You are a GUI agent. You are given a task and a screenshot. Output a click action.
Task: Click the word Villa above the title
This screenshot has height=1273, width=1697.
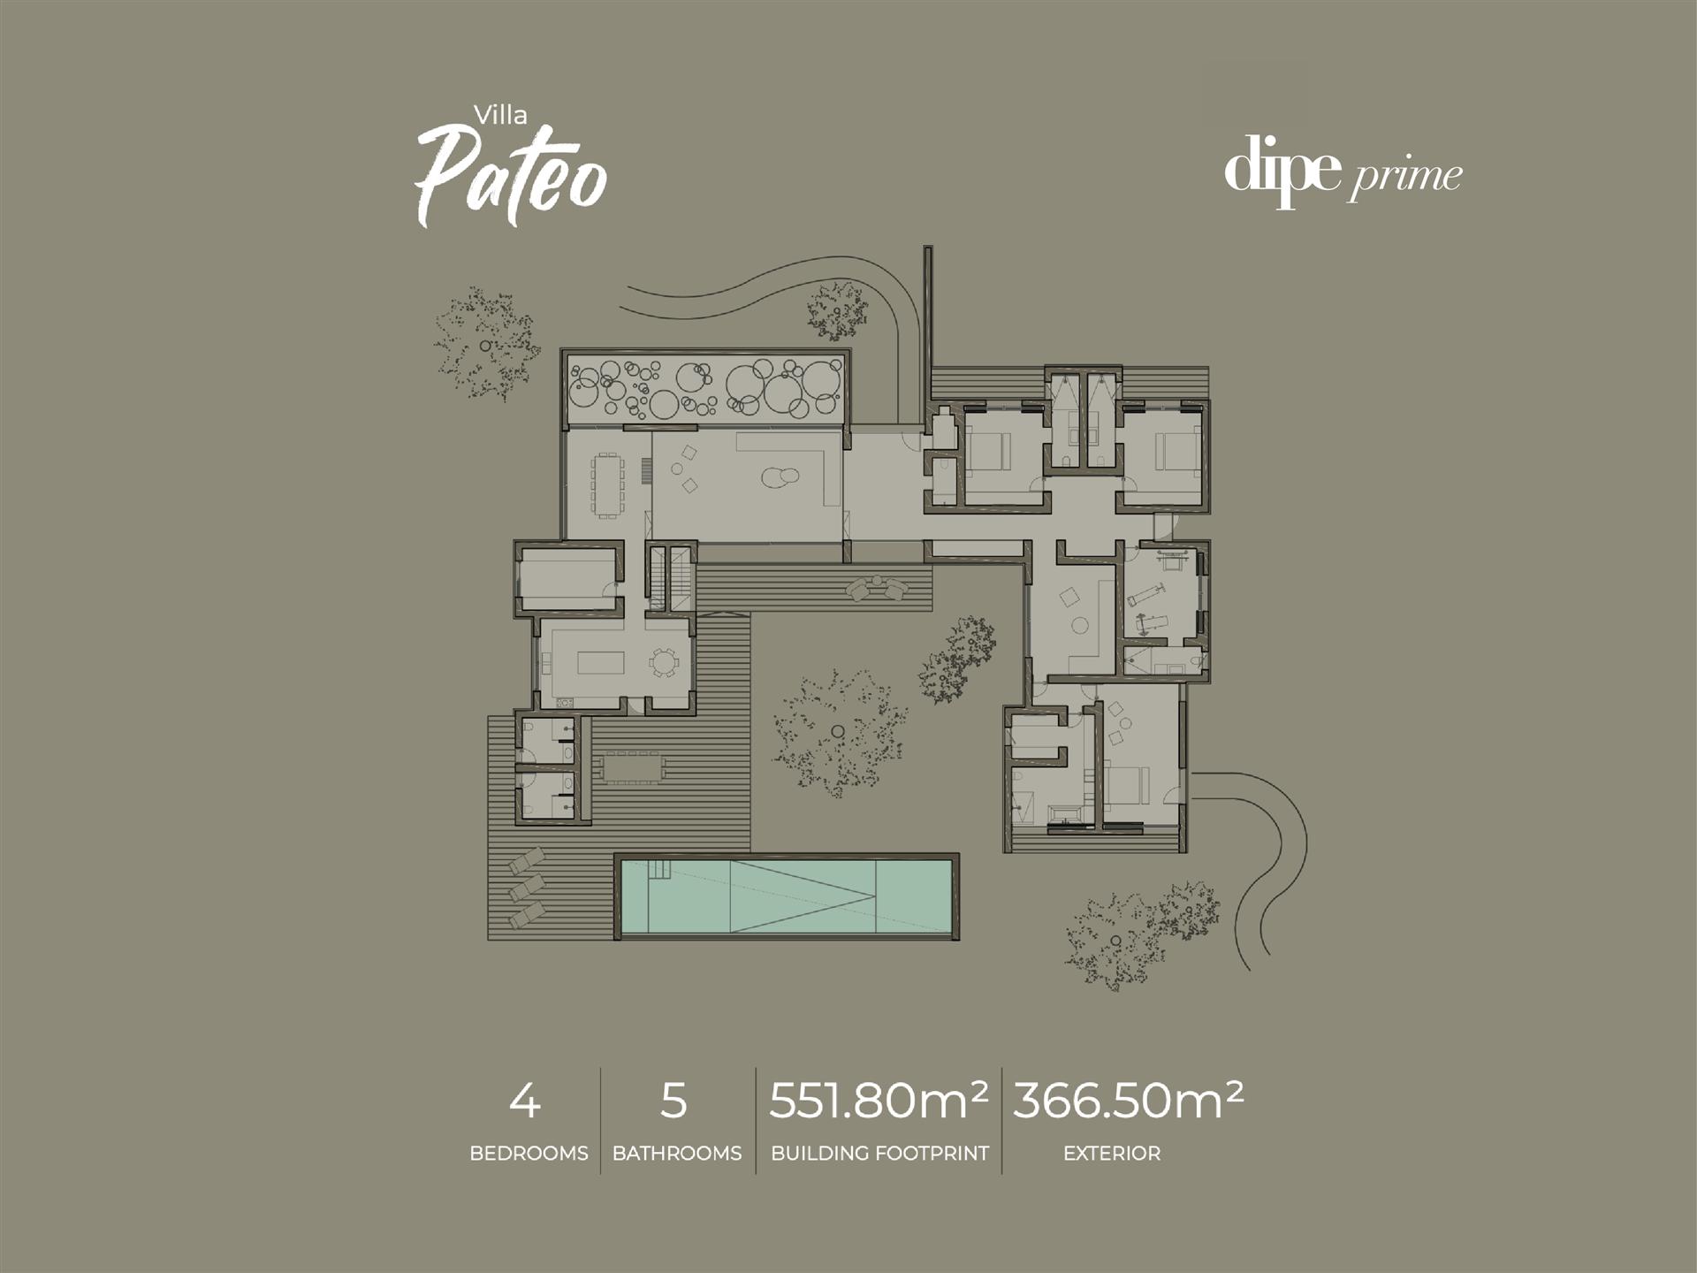500,115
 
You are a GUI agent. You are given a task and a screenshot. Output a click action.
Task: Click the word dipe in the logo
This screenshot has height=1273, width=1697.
1282,170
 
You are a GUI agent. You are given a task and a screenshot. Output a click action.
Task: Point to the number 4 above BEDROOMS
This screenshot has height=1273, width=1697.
525,1101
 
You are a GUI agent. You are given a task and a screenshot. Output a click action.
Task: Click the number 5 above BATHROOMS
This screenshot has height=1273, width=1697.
673,1101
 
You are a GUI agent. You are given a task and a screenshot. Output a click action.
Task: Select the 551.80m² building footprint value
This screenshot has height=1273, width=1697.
879,1100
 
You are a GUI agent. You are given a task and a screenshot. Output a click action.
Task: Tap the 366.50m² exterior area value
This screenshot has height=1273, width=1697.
1128,1100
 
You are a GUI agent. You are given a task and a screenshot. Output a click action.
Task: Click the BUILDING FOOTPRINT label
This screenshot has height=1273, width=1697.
879,1153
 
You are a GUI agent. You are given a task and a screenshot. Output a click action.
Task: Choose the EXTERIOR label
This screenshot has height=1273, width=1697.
1112,1153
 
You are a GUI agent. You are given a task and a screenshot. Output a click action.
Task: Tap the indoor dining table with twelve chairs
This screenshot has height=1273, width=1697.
607,484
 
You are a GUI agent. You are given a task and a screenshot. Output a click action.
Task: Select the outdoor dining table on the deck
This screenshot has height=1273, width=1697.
628,767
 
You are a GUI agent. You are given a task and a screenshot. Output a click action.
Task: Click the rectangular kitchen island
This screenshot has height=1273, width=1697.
601,662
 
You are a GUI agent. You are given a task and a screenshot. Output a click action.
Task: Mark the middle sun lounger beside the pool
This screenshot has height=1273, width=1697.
526,886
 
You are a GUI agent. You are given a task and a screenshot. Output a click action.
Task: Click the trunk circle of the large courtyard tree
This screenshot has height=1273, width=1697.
836,730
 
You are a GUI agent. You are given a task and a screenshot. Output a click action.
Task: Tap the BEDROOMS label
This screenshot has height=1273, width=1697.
529,1153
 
